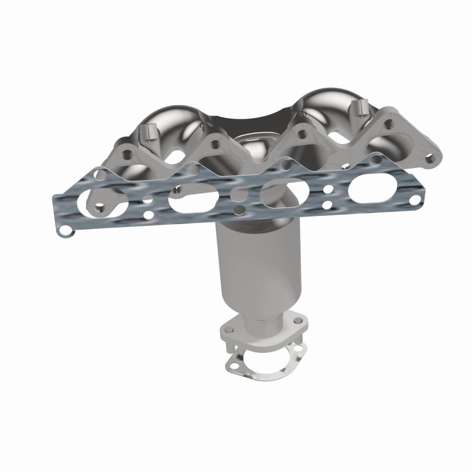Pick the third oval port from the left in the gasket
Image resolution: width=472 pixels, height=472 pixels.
[281, 194]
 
